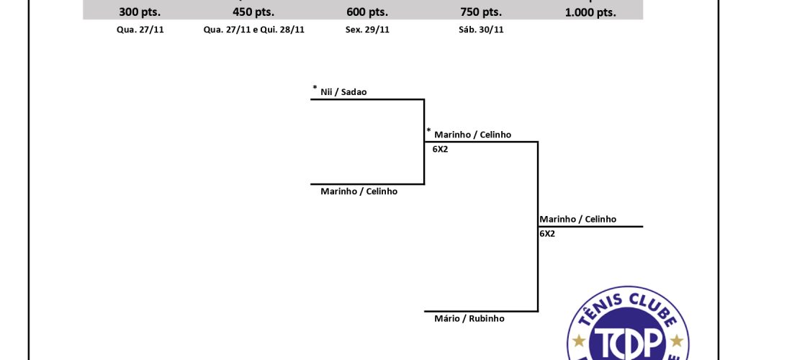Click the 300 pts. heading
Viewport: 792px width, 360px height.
coord(140,12)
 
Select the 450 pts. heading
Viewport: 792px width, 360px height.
coord(253,12)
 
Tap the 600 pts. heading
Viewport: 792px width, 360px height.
coord(367,12)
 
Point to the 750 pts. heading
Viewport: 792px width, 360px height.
coord(481,12)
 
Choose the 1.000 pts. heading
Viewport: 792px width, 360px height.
coord(590,13)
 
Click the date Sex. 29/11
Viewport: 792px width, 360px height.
coord(367,30)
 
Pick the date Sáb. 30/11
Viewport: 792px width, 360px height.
coord(481,30)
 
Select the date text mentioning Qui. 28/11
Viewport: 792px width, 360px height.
coord(254,30)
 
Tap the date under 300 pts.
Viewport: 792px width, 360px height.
coord(140,30)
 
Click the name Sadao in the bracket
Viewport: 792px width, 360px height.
coord(354,92)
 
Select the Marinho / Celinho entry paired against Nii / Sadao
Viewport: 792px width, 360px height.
coord(359,192)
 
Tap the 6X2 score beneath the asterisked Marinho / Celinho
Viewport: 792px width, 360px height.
coord(440,150)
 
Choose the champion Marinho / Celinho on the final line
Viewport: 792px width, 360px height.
coord(578,219)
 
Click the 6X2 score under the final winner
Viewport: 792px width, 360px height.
coord(547,234)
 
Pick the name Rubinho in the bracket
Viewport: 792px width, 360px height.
coord(487,318)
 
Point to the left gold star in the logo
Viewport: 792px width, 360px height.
coord(579,341)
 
